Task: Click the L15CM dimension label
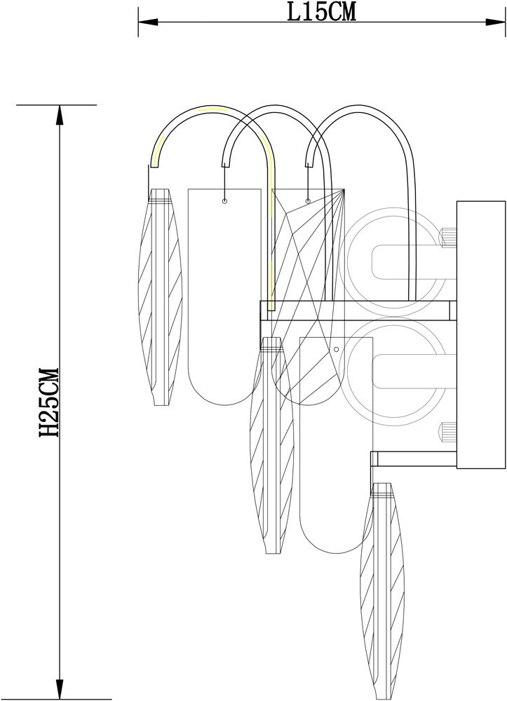point(321,13)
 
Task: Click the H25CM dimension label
point(48,402)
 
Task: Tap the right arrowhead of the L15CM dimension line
point(495,22)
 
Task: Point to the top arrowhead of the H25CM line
point(59,115)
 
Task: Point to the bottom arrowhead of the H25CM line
point(59,689)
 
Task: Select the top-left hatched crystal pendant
point(161,297)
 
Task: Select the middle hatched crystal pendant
point(272,445)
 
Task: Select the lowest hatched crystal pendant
point(382,591)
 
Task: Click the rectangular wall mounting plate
point(481,335)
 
